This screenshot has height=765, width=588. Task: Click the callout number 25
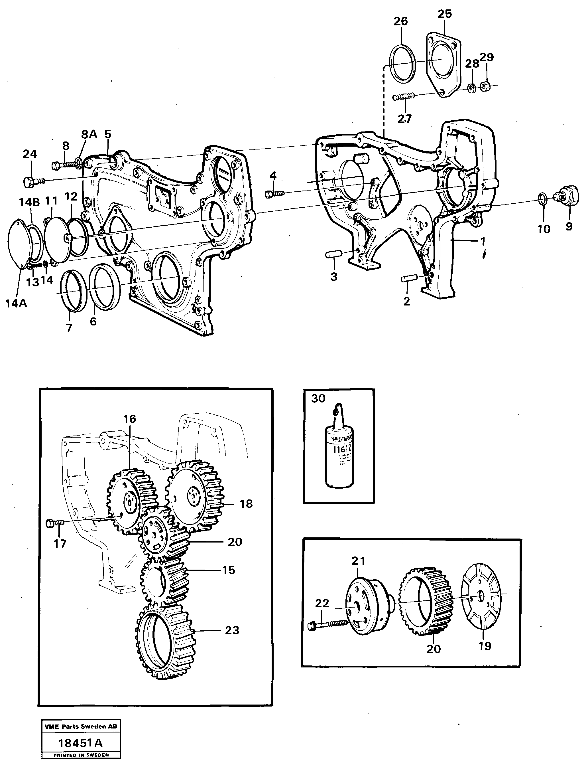(445, 14)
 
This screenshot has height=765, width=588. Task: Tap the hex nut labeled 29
(485, 85)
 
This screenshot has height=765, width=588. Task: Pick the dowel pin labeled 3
(333, 254)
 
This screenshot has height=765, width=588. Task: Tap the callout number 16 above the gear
(129, 419)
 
